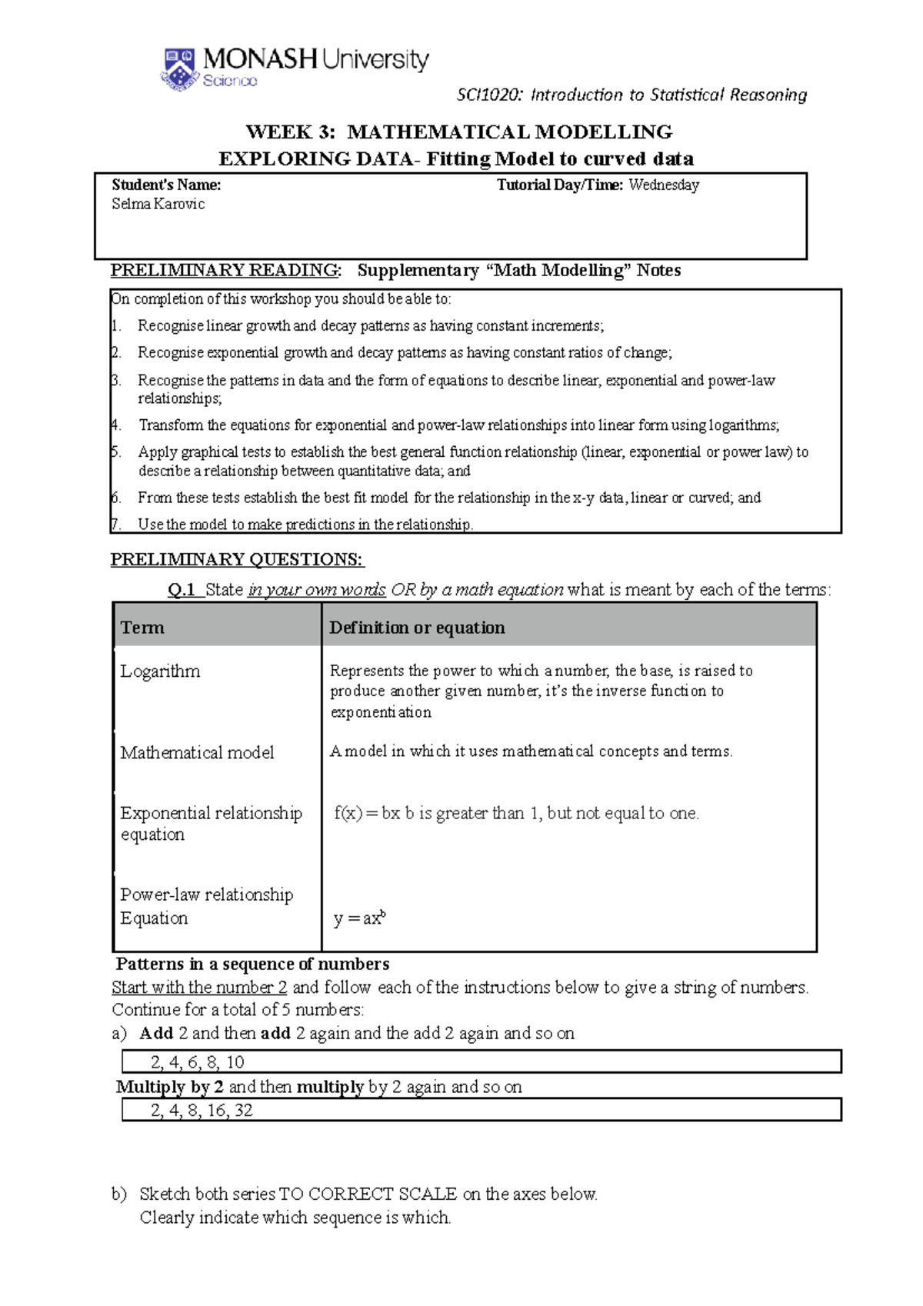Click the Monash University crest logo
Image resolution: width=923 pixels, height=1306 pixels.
(x=180, y=68)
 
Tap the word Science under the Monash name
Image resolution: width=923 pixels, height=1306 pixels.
(x=229, y=81)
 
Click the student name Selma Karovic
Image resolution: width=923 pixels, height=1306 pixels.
(x=158, y=204)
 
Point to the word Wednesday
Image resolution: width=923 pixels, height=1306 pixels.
(x=663, y=185)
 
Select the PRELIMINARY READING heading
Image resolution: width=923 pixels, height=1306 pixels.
(x=225, y=270)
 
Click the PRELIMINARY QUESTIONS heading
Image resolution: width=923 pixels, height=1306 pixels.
(x=237, y=559)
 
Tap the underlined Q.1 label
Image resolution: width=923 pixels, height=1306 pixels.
(x=182, y=590)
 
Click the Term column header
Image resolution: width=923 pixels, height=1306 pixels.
(x=142, y=628)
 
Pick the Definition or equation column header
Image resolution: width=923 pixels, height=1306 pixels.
(x=417, y=628)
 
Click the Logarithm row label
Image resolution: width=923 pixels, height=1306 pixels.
(x=160, y=671)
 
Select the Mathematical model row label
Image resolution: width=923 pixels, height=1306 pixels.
(x=197, y=752)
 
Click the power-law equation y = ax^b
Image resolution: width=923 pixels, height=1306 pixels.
(x=359, y=918)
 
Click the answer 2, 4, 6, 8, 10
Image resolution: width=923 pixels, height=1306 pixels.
(x=197, y=1062)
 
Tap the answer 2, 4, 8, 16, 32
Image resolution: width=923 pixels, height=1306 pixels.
(x=202, y=1110)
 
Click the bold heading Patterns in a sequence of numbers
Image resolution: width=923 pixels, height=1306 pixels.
(x=252, y=964)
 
